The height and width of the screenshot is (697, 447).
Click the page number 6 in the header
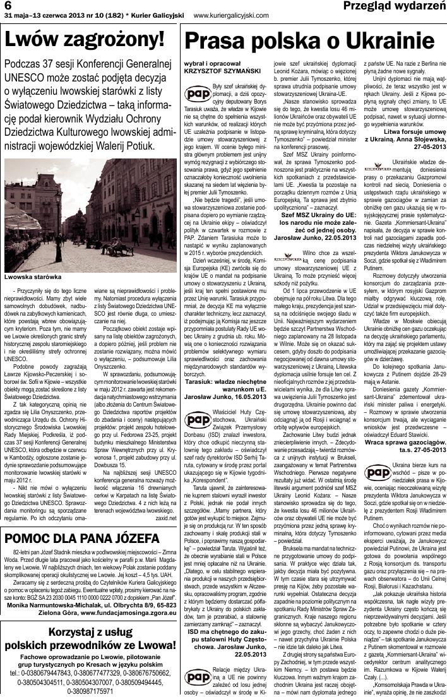(x=8, y=6)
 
